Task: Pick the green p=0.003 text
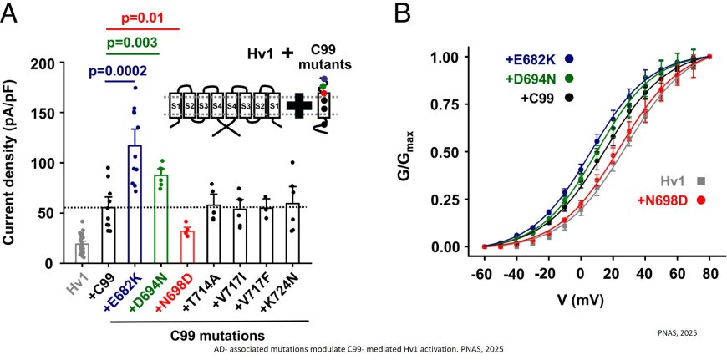[137, 43]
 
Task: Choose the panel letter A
[14, 15]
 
